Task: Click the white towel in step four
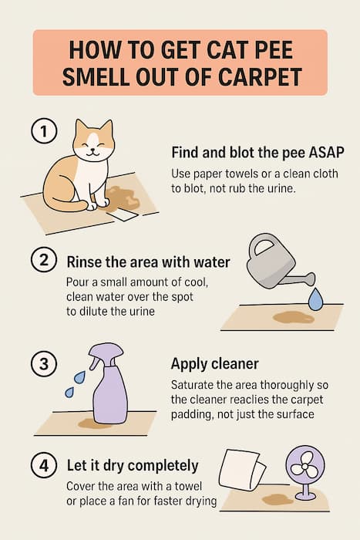243,473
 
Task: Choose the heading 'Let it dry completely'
133,466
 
